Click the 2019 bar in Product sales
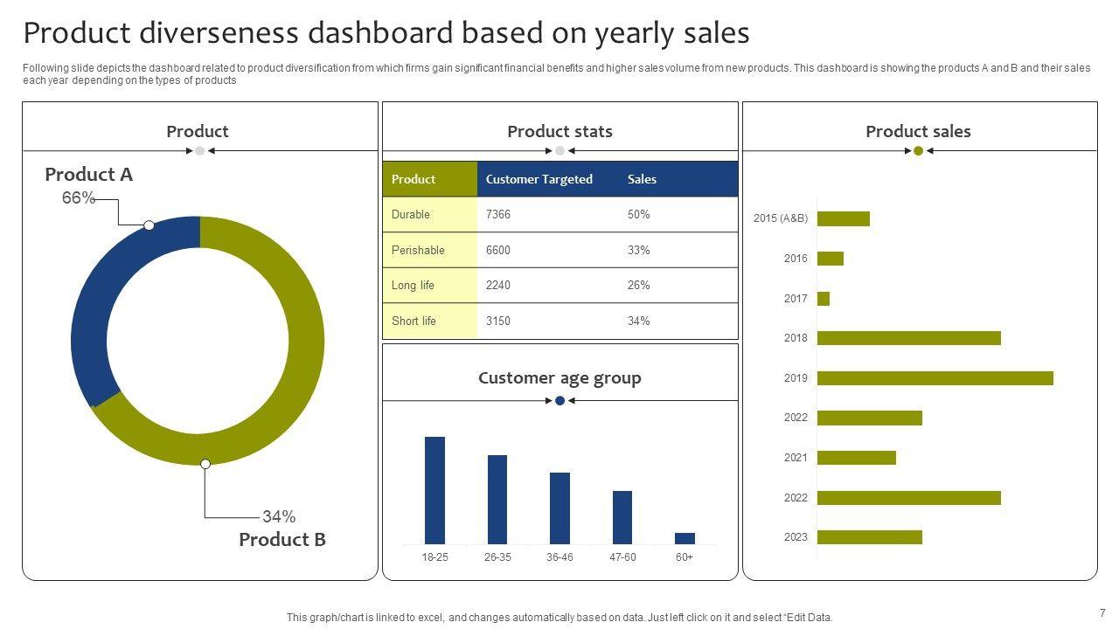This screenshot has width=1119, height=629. pyautogui.click(x=935, y=378)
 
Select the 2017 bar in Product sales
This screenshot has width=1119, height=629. pyautogui.click(x=824, y=299)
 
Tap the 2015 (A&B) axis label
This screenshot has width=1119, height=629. pyautogui.click(x=780, y=218)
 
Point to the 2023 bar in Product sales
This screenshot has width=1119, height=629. pyautogui.click(x=869, y=537)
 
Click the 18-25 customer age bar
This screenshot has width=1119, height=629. pyautogui.click(x=434, y=490)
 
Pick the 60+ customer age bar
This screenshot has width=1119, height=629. pyautogui.click(x=685, y=538)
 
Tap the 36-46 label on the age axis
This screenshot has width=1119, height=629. pyautogui.click(x=559, y=557)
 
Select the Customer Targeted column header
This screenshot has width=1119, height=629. pyautogui.click(x=539, y=179)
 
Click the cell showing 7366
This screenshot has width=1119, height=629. pyautogui.click(x=498, y=214)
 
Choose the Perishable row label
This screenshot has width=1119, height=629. pyautogui.click(x=418, y=250)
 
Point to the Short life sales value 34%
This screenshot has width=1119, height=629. pyautogui.click(x=639, y=321)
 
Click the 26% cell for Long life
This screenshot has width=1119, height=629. pyautogui.click(x=639, y=285)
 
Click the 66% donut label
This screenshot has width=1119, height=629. pyautogui.click(x=78, y=198)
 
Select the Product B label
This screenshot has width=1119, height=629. pyautogui.click(x=282, y=540)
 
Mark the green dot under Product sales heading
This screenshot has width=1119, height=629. pyautogui.click(x=918, y=151)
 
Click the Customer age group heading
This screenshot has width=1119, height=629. pyautogui.click(x=559, y=378)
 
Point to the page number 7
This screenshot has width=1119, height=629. pyautogui.click(x=1102, y=612)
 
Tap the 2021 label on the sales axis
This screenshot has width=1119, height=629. pyautogui.click(x=796, y=458)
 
